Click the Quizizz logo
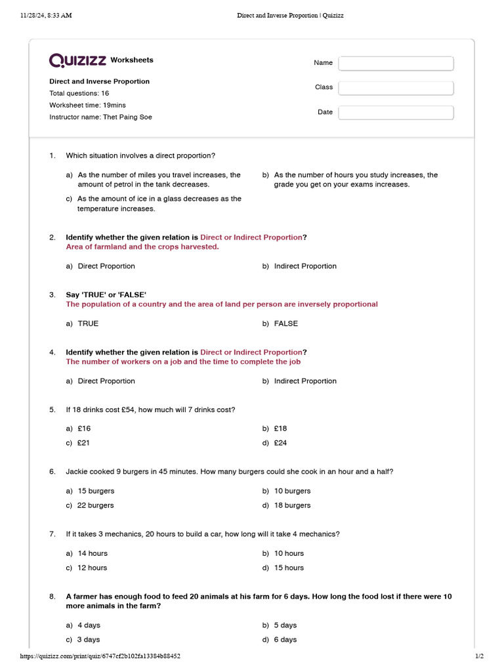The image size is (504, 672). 77,60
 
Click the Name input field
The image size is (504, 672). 396,63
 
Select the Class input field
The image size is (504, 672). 396,88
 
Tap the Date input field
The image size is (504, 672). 396,113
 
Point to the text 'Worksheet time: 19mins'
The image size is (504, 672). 87,105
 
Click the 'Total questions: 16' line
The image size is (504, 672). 79,93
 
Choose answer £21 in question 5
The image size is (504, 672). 83,443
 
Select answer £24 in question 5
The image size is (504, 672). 280,443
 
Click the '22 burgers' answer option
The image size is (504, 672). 95,505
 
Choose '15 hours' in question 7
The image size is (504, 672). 289,568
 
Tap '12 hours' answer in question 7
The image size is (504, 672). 92,568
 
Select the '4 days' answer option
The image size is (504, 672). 89,625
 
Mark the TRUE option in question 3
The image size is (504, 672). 88,324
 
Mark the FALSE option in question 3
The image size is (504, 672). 285,324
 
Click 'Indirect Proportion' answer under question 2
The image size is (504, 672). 304,266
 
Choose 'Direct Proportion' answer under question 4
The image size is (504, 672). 106,381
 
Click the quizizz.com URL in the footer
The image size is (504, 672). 100,656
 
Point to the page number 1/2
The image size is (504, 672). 479,656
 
